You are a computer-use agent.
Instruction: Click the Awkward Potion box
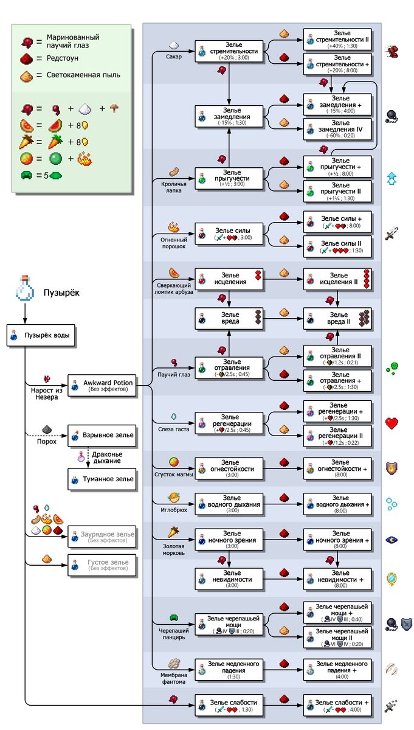click(101, 385)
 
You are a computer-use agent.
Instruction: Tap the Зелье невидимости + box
click(338, 579)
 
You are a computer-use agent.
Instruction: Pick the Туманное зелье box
click(101, 479)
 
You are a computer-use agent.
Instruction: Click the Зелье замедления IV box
click(338, 129)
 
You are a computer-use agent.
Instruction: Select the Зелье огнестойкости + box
click(338, 468)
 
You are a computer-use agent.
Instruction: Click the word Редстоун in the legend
click(61, 58)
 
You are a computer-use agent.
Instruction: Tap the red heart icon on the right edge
click(392, 423)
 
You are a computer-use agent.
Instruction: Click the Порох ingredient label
click(46, 441)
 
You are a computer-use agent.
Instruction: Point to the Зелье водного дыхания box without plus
click(230, 504)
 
